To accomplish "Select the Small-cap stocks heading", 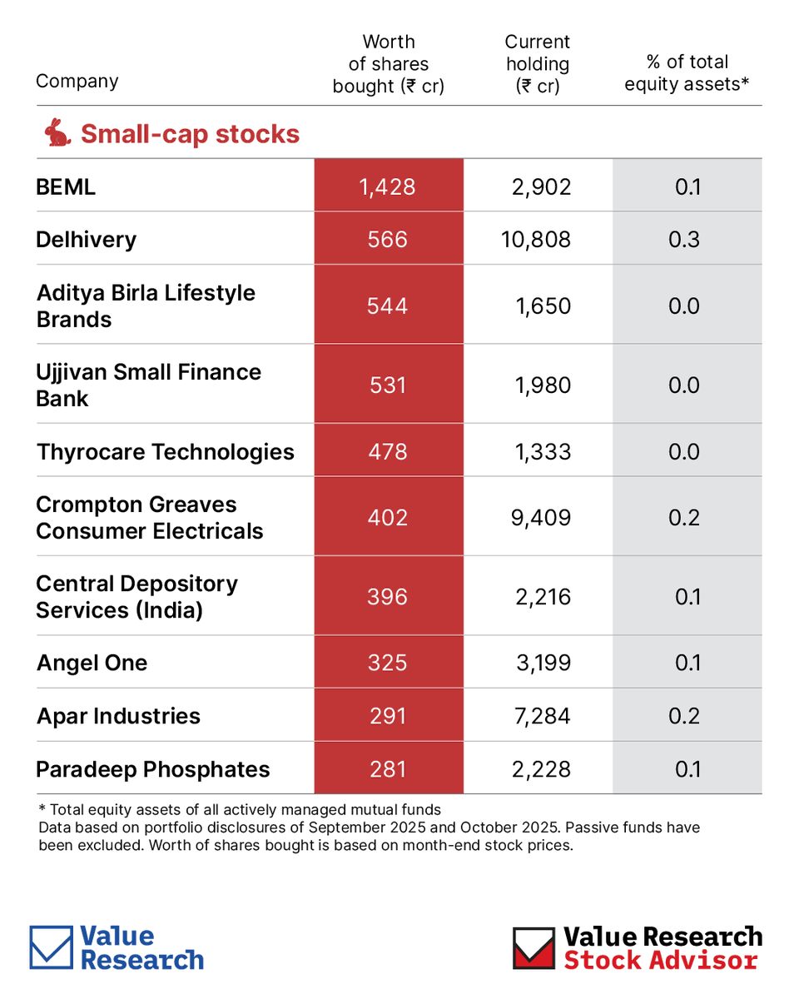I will click(x=190, y=133).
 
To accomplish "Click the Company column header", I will click(x=77, y=82).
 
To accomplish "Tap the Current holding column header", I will click(x=538, y=64).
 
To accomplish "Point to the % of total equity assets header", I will click(x=687, y=72).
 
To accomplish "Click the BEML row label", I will click(x=66, y=186).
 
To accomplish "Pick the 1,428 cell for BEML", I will click(x=388, y=186).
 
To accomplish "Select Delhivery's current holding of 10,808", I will click(x=537, y=240).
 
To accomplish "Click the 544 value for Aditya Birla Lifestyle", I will click(x=388, y=306).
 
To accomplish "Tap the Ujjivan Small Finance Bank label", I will click(x=148, y=385).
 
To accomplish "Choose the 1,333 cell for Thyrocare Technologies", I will click(x=543, y=451).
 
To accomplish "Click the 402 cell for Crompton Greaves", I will click(x=388, y=517).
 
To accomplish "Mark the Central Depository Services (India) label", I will click(x=136, y=597).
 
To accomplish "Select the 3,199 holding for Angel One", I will click(x=543, y=663).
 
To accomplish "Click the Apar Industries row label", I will click(x=118, y=716).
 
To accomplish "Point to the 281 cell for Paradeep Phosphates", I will click(x=388, y=768).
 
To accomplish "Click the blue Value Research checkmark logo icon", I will click(x=52, y=947).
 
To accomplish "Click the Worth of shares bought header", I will click(x=388, y=64).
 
